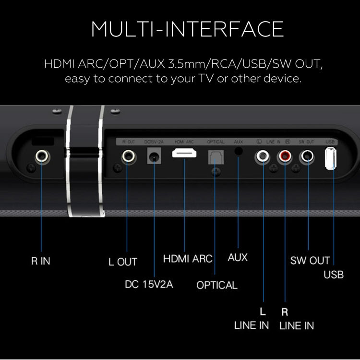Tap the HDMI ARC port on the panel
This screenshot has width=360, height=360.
(x=184, y=155)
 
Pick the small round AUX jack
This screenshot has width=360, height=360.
(x=239, y=150)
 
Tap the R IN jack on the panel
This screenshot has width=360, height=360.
(x=42, y=156)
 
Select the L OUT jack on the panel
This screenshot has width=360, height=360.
(x=128, y=156)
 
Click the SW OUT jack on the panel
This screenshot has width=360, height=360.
(x=307, y=156)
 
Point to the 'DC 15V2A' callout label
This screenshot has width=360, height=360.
(x=149, y=284)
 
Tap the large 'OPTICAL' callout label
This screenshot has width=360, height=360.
(x=217, y=285)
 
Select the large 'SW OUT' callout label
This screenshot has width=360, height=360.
(x=310, y=261)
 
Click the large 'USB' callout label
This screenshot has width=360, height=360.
(x=334, y=275)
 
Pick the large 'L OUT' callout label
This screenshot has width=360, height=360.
(x=123, y=262)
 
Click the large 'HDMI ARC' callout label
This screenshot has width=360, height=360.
(x=188, y=259)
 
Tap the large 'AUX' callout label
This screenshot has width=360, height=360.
(x=238, y=257)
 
